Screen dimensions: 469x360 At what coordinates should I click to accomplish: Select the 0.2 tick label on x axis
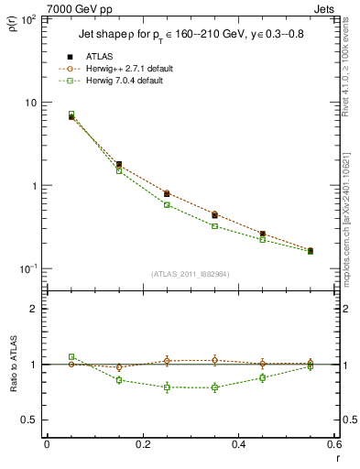coord(142,445)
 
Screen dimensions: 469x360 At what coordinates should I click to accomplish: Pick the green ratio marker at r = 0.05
coord(71,356)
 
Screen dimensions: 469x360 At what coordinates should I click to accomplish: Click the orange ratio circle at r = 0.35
coord(214,360)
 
